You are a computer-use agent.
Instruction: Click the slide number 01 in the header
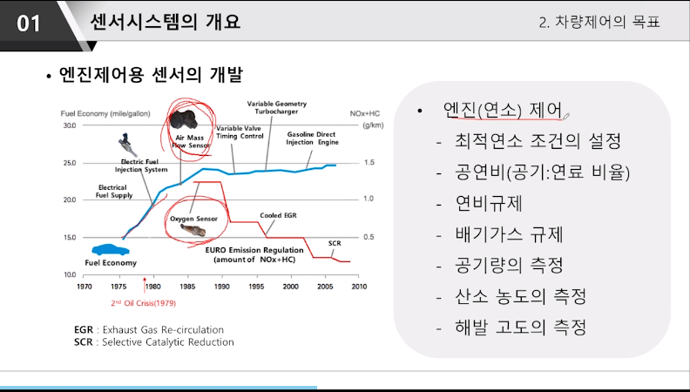(x=29, y=24)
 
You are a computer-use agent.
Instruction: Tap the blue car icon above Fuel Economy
(x=111, y=249)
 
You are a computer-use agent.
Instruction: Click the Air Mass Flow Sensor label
(x=190, y=141)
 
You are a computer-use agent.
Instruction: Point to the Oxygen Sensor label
(x=193, y=219)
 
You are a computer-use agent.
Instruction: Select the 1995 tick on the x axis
(x=256, y=287)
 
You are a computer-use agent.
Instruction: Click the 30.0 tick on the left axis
(x=69, y=125)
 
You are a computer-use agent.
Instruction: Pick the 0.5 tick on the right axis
(x=369, y=237)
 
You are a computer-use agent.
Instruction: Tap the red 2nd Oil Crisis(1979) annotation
(x=143, y=303)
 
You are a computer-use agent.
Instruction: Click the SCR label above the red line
(x=335, y=243)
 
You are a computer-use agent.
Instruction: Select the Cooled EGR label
(x=278, y=215)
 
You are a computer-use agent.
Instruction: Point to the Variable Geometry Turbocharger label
(x=277, y=108)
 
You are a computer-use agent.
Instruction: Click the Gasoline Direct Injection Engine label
(x=312, y=139)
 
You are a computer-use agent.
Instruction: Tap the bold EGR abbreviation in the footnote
(x=84, y=330)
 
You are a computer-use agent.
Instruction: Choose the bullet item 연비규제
(x=489, y=203)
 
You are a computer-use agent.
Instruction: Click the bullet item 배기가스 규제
(x=509, y=234)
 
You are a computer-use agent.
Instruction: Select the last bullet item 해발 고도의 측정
(x=521, y=327)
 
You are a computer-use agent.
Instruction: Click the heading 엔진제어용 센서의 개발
(x=151, y=75)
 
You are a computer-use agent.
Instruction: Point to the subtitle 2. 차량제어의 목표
(x=599, y=22)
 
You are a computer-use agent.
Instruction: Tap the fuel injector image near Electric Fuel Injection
(x=127, y=145)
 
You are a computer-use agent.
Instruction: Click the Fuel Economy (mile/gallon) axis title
(x=105, y=113)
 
